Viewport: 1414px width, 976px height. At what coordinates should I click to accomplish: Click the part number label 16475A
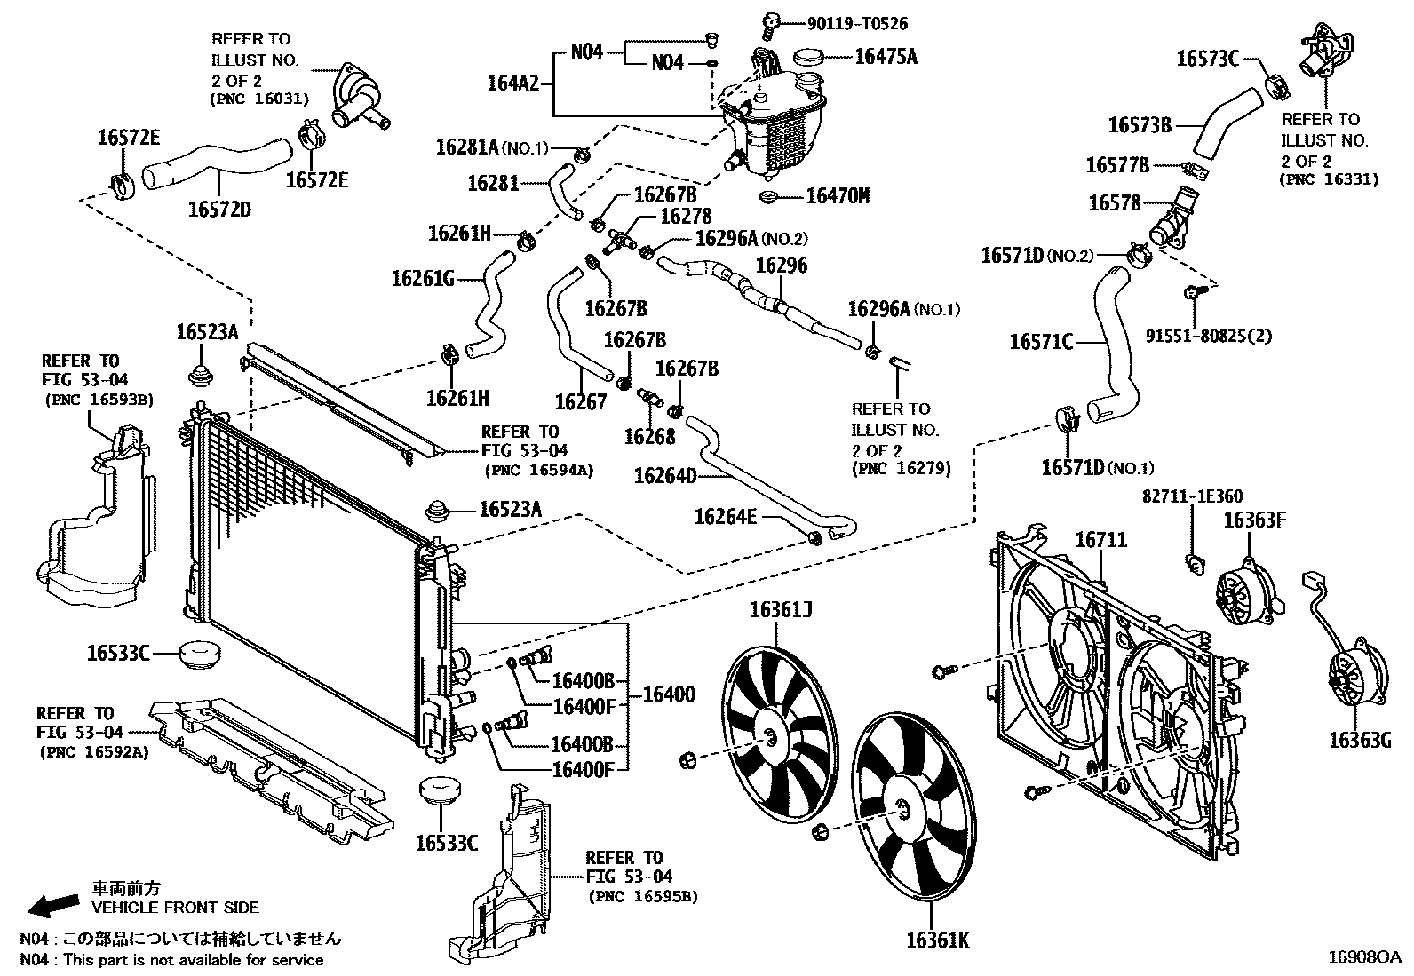pyautogui.click(x=885, y=57)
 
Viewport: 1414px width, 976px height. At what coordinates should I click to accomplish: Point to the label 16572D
pyautogui.click(x=219, y=210)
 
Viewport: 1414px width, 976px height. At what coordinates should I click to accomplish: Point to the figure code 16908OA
pyautogui.click(x=1363, y=956)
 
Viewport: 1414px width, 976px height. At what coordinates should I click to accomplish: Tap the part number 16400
pyautogui.click(x=668, y=694)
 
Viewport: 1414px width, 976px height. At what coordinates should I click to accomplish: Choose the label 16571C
pyautogui.click(x=1041, y=341)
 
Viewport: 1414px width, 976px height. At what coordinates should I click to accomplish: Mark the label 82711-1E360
pyautogui.click(x=1192, y=496)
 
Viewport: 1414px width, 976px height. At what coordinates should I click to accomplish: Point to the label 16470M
pyautogui.click(x=838, y=195)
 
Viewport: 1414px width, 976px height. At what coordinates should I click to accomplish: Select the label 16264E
pyautogui.click(x=726, y=516)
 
